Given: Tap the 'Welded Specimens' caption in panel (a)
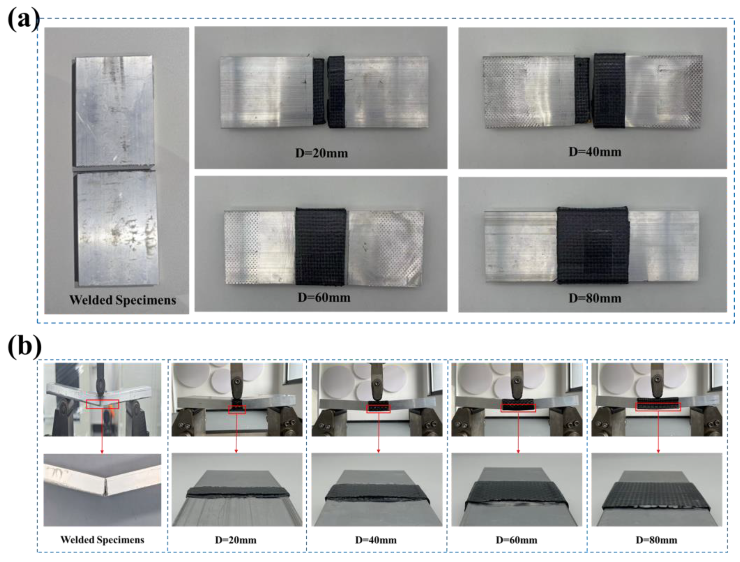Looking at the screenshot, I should (x=122, y=300).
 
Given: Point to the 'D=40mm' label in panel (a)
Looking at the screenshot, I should (x=595, y=152).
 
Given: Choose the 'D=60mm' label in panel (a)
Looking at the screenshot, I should (x=324, y=298).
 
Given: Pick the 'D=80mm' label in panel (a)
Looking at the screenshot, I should (x=595, y=298).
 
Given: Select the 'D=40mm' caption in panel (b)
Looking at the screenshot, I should (x=376, y=540).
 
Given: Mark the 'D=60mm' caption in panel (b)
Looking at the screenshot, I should (x=516, y=540).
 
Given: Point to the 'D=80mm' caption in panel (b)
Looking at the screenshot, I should (x=656, y=540).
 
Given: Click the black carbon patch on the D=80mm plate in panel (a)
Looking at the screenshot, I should (x=593, y=246).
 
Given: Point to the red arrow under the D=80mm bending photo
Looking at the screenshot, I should (x=658, y=432).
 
